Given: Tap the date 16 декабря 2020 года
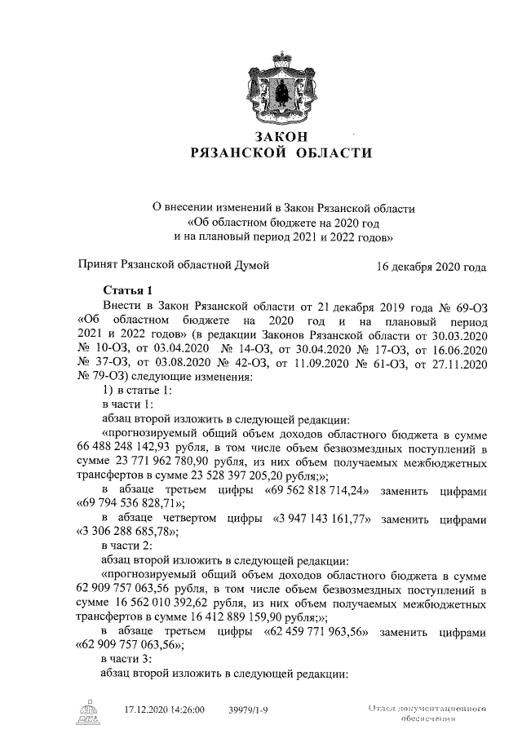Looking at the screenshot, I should (x=431, y=267).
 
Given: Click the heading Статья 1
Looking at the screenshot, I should (x=128, y=289).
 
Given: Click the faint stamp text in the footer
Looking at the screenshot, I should (x=427, y=714).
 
